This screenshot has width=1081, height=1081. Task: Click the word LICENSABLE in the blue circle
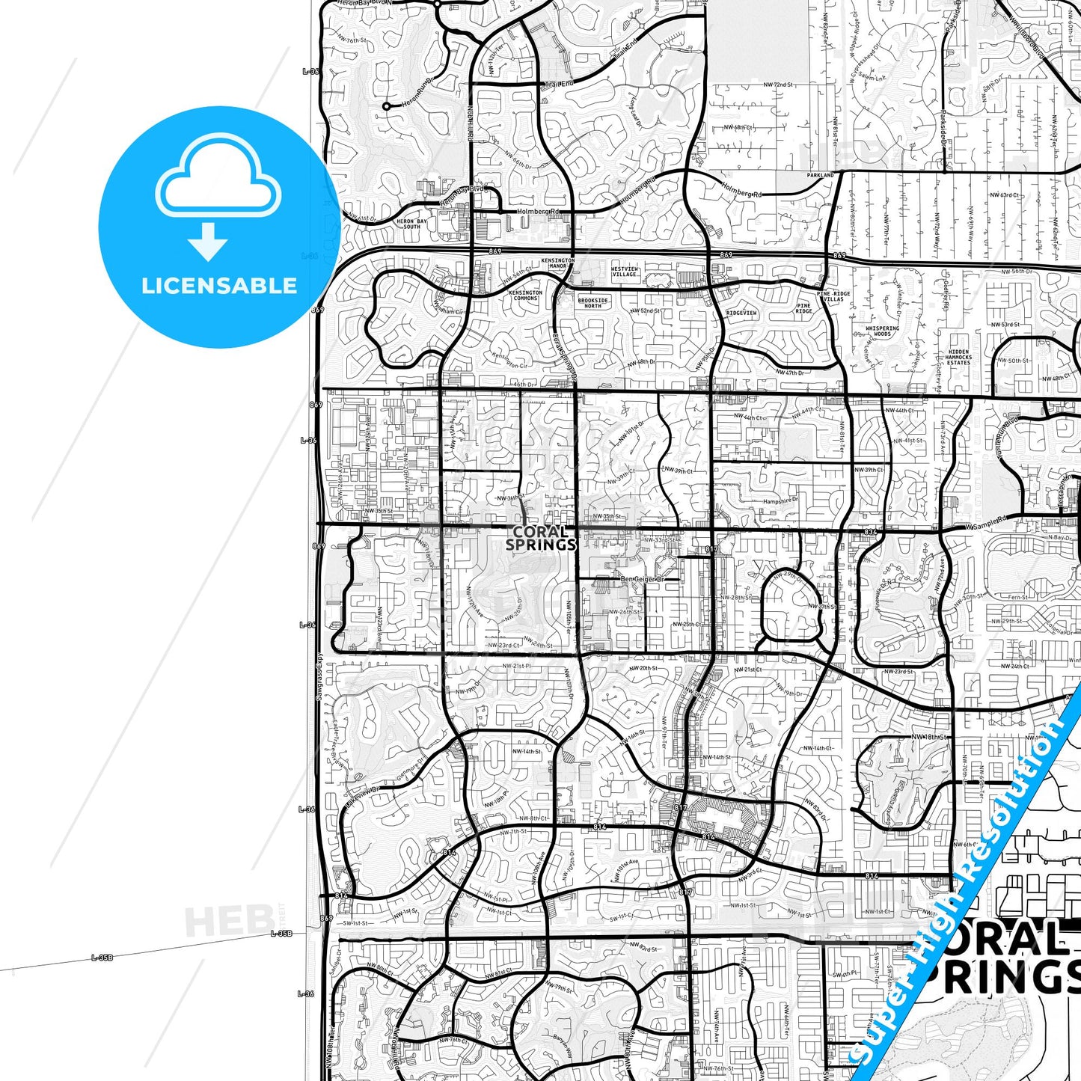pos(219,286)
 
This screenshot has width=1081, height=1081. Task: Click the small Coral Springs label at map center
pos(540,538)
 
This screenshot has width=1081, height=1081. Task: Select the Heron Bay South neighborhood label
pos(411,224)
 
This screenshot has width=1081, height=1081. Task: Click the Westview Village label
pos(625,272)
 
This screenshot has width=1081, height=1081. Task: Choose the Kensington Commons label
pos(525,295)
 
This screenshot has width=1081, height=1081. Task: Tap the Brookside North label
pos(592,303)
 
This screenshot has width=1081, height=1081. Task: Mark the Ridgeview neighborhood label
pos(741,313)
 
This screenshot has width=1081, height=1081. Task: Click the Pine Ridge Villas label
pos(833,296)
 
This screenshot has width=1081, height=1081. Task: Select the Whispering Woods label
pos(883,331)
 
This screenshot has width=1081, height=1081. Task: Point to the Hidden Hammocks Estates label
pos(958,357)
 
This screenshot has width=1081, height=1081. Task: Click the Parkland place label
pos(820,175)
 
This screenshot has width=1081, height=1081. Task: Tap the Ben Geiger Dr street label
pos(642,579)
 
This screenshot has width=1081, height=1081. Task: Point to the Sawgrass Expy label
pos(318,676)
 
